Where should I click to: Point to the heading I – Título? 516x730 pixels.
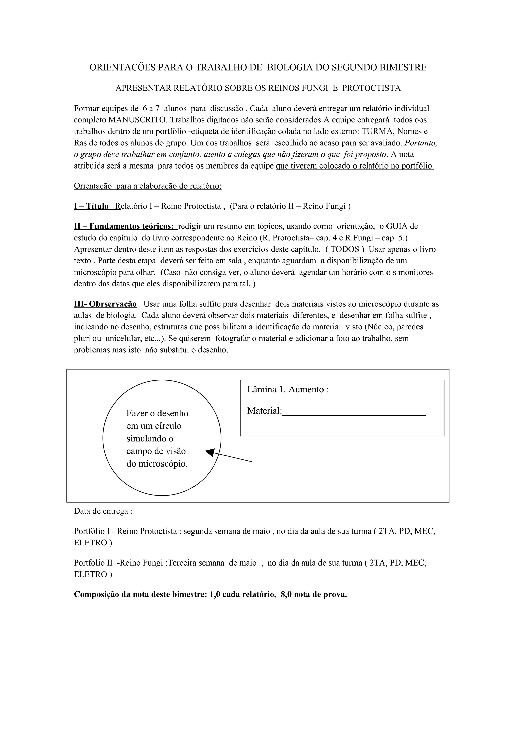pos(91,206)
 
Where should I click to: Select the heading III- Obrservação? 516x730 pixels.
pos(105,304)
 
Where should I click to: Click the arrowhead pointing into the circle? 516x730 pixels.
pos(210,452)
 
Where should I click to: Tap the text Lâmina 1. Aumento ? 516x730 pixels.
pos(288,390)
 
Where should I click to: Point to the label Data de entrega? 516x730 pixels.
pos(103,511)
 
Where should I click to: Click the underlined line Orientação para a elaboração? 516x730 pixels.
pos(148,186)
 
